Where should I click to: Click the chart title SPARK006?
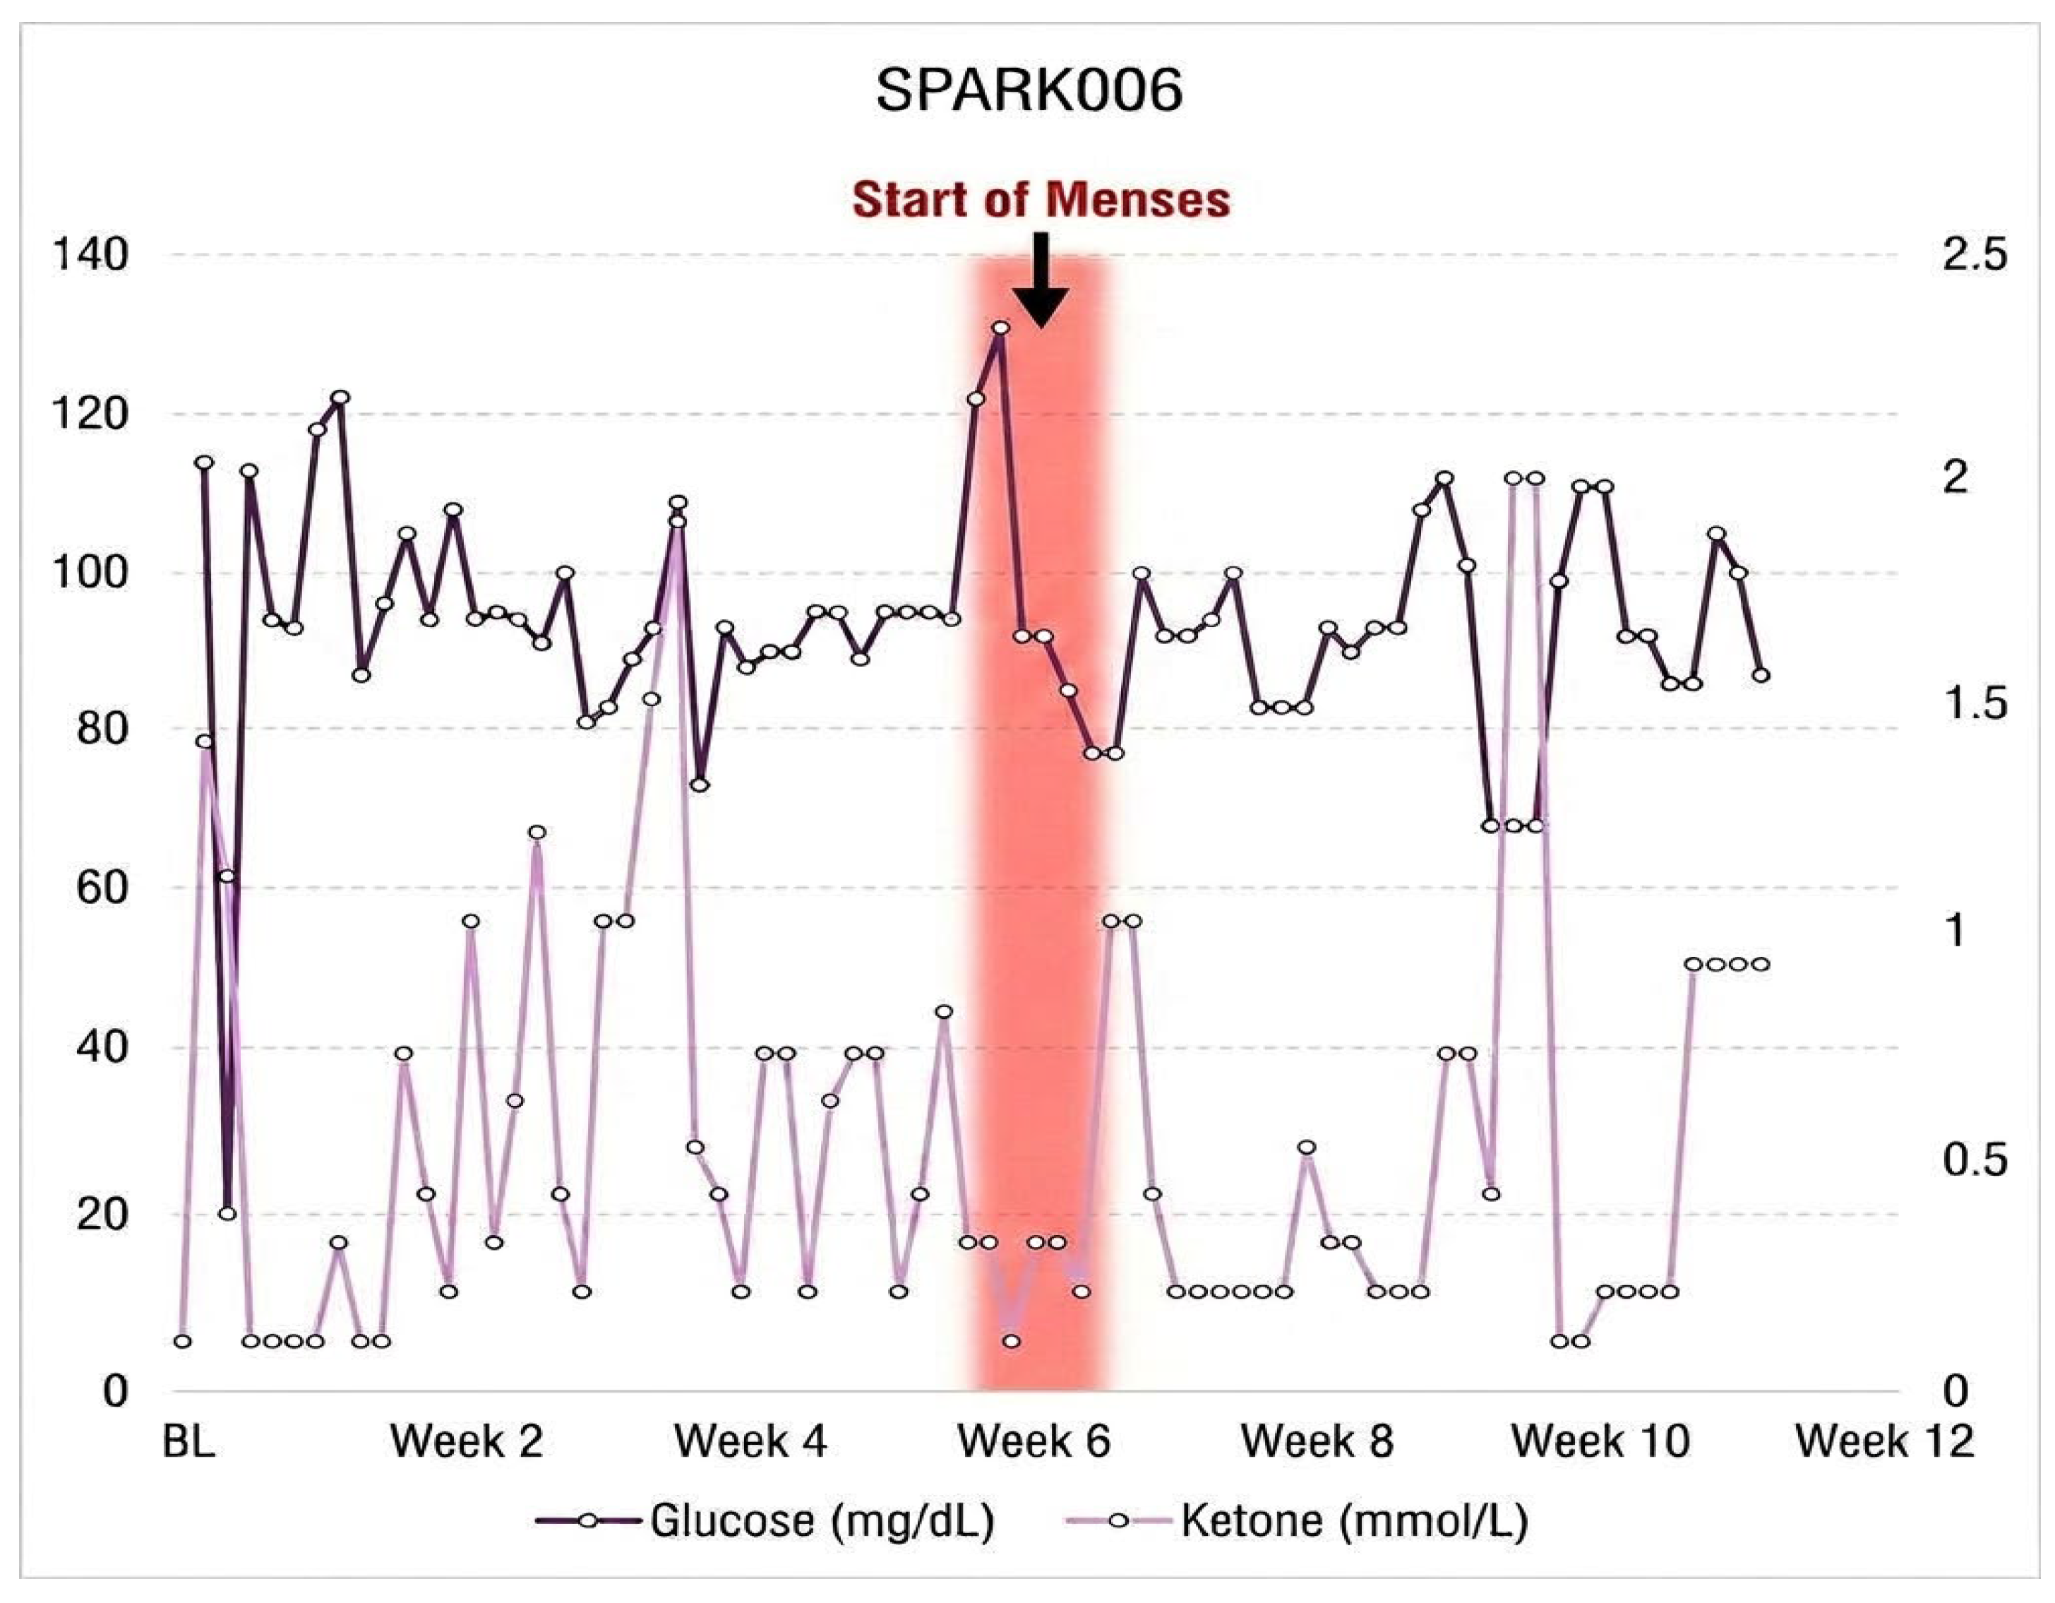click(x=1029, y=91)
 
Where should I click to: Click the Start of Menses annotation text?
click(x=1041, y=200)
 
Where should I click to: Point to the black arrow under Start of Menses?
click(x=1040, y=280)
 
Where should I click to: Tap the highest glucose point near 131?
click(x=1000, y=328)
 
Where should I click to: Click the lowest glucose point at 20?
click(x=227, y=1213)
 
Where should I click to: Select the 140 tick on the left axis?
click(x=90, y=254)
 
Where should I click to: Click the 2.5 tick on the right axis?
click(x=1974, y=254)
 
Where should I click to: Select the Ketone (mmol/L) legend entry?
click(x=1297, y=1520)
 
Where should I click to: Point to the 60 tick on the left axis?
click(x=102, y=887)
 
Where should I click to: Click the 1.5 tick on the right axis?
click(x=1974, y=704)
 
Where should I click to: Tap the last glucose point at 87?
click(x=1761, y=675)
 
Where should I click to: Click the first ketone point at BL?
click(x=183, y=1340)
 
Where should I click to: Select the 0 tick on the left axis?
click(x=115, y=1390)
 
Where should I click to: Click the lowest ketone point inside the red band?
click(x=1012, y=1340)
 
